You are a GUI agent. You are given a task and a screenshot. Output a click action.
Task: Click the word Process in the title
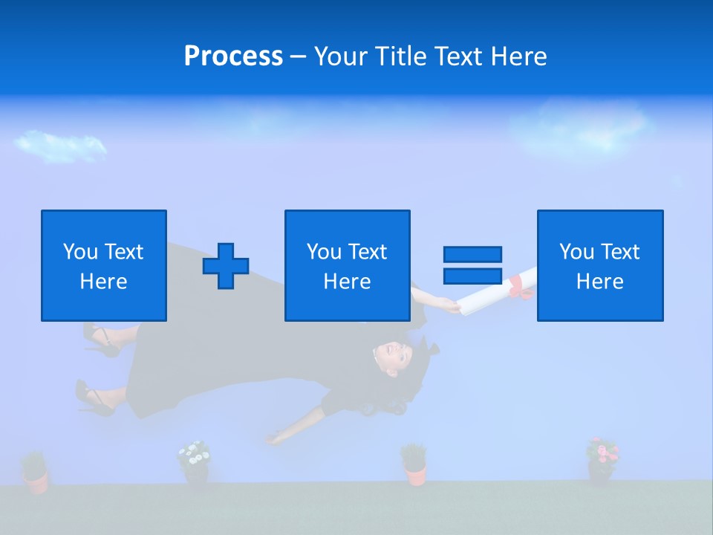[233, 56]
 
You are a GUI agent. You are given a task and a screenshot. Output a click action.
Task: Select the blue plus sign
[226, 266]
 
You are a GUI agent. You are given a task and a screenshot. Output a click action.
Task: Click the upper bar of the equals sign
[472, 254]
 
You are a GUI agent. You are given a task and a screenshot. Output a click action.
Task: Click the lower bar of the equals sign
[472, 276]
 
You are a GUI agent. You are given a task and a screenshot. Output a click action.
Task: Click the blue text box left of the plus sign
[103, 265]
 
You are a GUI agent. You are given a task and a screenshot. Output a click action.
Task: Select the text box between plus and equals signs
[347, 265]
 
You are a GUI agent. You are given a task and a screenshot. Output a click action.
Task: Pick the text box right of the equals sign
[599, 265]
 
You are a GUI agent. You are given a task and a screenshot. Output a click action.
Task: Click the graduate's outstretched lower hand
[276, 438]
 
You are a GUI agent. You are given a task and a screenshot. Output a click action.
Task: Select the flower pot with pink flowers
[602, 459]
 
